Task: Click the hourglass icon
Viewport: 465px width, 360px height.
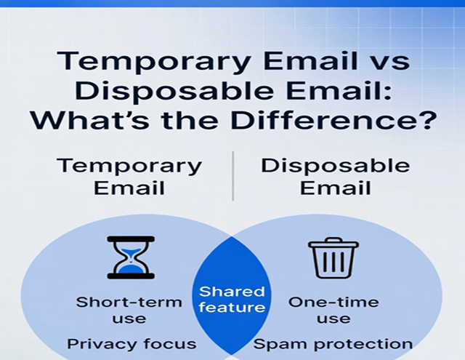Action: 131,257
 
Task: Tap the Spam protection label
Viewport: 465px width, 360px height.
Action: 333,343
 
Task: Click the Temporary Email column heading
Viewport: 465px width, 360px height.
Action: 129,175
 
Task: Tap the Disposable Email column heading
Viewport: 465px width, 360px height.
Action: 336,175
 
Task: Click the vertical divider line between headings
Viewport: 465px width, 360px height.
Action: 233,175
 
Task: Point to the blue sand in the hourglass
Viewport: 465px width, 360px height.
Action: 131,267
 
